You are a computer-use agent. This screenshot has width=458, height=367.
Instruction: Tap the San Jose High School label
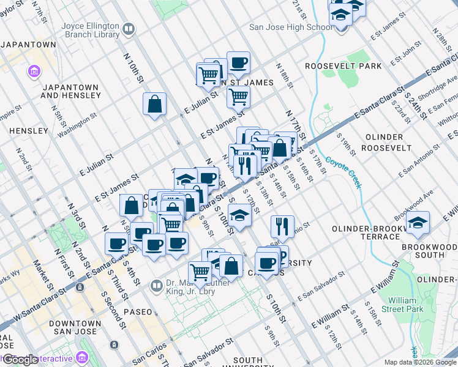pyautogui.click(x=291, y=27)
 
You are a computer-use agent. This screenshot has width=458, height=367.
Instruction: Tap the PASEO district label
pyautogui.click(x=138, y=312)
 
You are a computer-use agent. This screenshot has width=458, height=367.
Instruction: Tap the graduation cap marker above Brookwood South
pyautogui.click(x=418, y=222)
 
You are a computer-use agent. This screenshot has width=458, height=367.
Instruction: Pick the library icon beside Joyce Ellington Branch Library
pyautogui.click(x=129, y=29)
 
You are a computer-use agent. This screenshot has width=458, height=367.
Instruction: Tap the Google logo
pyautogui.click(x=20, y=360)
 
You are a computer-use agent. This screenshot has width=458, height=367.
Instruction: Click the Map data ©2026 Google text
pyautogui.click(x=420, y=362)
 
